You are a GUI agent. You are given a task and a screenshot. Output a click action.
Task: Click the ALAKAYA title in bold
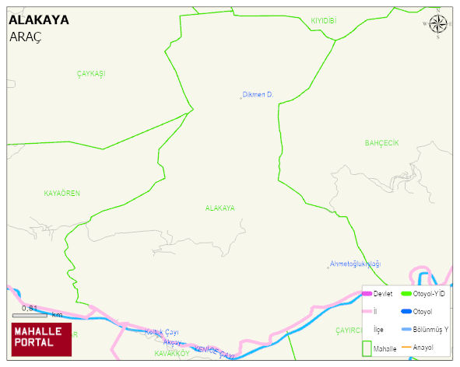pyautogui.click(x=38, y=20)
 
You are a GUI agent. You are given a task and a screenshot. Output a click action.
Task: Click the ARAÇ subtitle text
pyautogui.click(x=25, y=37)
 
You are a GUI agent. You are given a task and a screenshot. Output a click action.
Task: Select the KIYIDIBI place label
pyautogui.click(x=323, y=20)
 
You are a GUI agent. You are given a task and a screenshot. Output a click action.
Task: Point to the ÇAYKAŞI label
pyautogui.click(x=90, y=73)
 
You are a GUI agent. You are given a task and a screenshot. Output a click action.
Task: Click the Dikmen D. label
pyautogui.click(x=258, y=95)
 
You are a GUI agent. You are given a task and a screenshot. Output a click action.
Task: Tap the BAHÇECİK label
pyautogui.click(x=381, y=143)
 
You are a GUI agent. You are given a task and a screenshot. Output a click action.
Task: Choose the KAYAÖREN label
pyautogui.click(x=62, y=193)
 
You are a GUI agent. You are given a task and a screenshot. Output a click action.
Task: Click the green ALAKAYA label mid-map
pyautogui.click(x=219, y=208)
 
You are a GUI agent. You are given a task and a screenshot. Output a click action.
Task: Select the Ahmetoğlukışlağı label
pyautogui.click(x=355, y=264)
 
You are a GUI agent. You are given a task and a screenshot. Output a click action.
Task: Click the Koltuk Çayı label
pyautogui.click(x=162, y=332)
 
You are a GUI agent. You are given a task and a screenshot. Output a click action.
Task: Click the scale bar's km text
pyautogui.click(x=57, y=315)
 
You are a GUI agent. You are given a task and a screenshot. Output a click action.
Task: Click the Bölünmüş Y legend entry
pyautogui.click(x=430, y=330)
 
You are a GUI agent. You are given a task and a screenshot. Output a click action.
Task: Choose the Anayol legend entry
pyautogui.click(x=423, y=347)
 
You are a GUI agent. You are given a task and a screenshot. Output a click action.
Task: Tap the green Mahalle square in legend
pyautogui.click(x=368, y=348)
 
